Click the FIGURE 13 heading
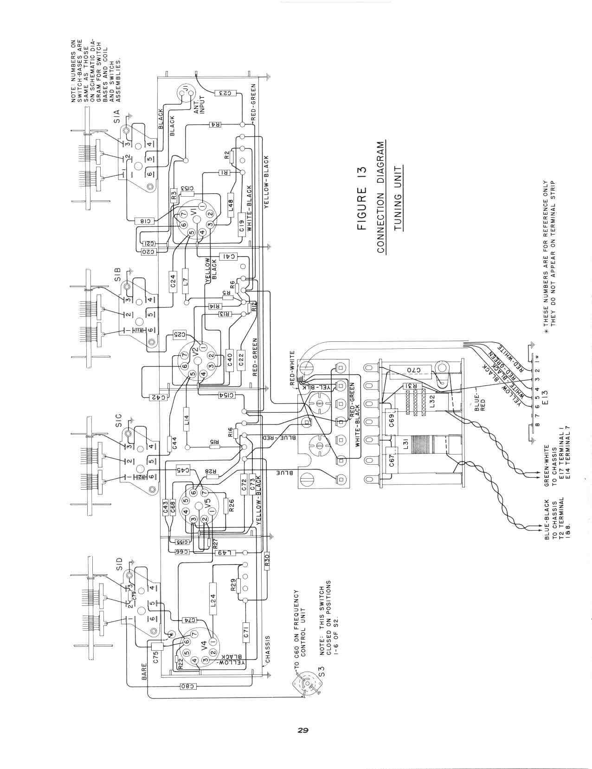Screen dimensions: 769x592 [362, 198]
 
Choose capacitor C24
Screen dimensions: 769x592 [173, 281]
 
